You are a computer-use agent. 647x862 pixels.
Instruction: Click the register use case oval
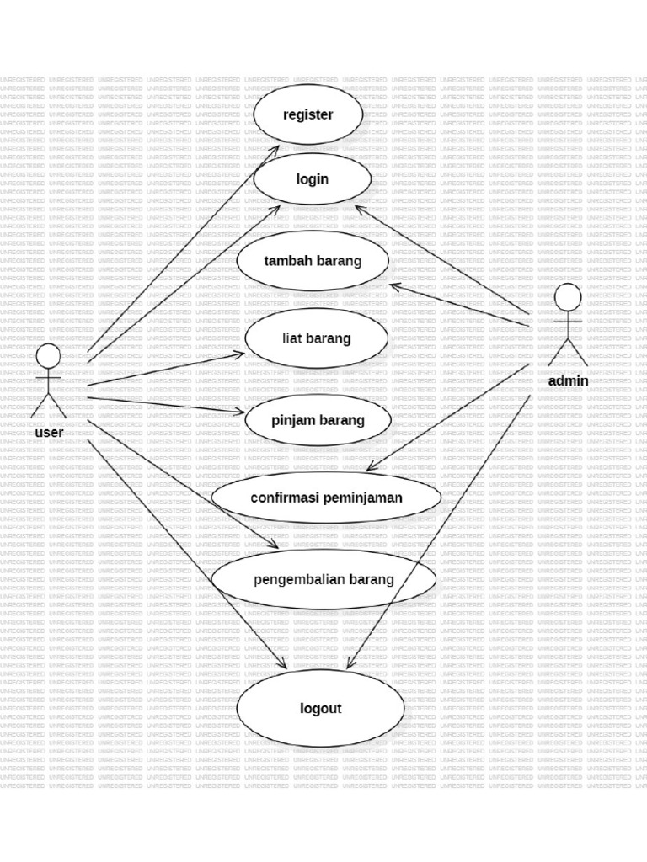click(307, 114)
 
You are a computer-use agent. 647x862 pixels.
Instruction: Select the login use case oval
click(312, 178)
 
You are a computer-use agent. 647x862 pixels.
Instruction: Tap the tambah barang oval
click(313, 260)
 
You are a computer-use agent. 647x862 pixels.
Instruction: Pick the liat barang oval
click(316, 338)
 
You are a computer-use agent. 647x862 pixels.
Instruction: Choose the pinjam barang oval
click(318, 419)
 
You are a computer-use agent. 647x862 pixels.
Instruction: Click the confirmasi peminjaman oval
click(326, 498)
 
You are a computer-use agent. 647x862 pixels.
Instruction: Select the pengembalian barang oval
click(323, 579)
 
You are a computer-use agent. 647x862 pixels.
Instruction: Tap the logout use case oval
click(320, 708)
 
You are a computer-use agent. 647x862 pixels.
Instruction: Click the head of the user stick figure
click(48, 355)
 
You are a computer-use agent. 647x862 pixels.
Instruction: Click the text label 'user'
click(49, 433)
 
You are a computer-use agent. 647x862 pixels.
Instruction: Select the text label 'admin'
click(568, 380)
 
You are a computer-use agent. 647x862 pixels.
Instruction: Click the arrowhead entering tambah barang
click(393, 285)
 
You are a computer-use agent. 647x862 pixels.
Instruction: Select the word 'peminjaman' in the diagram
click(359, 498)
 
